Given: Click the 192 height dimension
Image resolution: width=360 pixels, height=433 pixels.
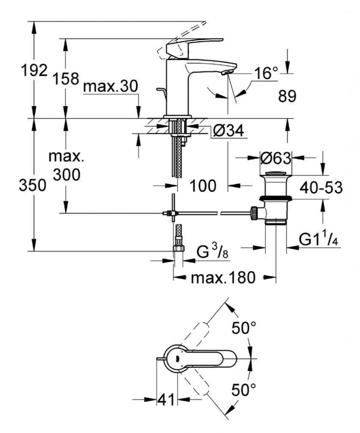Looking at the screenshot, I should pos(34,71).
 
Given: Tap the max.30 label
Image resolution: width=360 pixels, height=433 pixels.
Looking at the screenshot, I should pos(110,87).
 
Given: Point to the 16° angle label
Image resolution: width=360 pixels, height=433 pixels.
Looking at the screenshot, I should pos(266,74).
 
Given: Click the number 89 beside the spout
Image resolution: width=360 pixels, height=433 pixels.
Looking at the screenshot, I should pos(287,97).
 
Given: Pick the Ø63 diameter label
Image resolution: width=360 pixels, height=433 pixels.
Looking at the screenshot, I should pos(276,159).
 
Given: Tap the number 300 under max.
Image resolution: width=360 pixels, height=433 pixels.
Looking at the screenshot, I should pos(66,174).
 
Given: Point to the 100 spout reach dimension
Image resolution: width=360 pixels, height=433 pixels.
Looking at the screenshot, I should pos(202,185).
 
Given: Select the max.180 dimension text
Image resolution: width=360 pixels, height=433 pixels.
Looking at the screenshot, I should pos(224,278).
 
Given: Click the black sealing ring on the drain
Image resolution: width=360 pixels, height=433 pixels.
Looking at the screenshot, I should pos(275,198).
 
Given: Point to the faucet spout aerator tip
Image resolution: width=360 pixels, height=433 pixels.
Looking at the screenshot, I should pos(226,72).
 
